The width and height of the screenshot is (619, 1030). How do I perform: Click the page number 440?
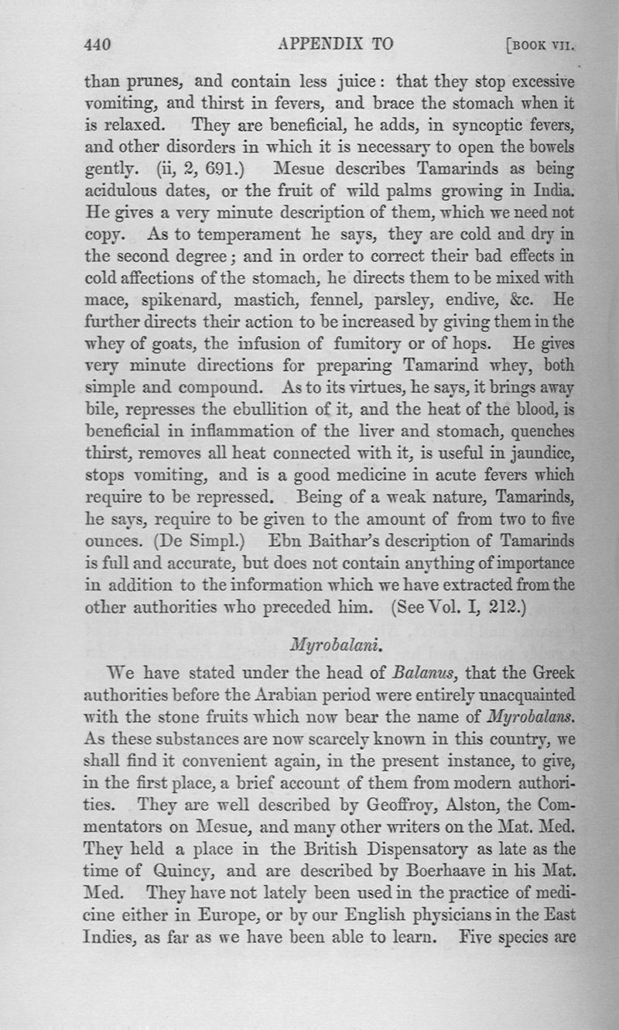(98, 45)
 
